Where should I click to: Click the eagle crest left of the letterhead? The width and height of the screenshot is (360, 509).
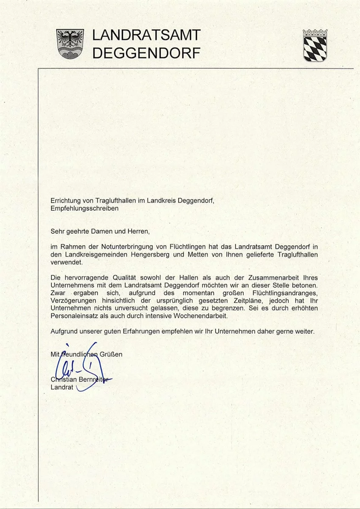[x=70, y=44]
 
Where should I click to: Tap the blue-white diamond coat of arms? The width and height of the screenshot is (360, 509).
[x=315, y=45]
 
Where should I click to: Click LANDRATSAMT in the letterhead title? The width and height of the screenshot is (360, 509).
[x=146, y=35]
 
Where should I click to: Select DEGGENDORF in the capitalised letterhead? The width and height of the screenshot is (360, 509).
[x=146, y=53]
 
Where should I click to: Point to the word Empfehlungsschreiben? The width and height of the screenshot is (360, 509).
[x=84, y=209]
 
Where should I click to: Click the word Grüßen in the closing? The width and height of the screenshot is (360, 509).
[x=111, y=354]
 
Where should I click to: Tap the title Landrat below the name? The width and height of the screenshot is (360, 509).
[x=62, y=387]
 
